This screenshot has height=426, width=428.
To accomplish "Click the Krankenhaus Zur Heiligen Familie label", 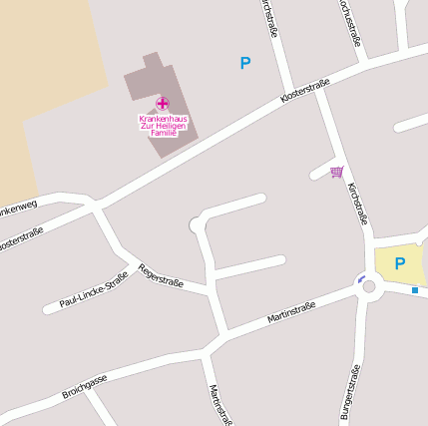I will coord(163,126).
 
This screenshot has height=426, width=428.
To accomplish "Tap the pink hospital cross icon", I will coord(163,104).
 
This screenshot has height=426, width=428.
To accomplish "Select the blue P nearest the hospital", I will coord(245,63).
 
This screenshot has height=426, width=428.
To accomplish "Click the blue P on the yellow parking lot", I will coord(400,263).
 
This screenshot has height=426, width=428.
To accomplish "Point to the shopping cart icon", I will coord(337,172).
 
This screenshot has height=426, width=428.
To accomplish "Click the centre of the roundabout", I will coord(369,287).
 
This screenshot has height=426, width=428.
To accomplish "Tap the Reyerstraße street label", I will coord(161,275).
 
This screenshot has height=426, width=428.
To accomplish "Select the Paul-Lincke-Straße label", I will coord(93,288).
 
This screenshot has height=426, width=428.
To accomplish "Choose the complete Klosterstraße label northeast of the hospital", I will coord(304,94).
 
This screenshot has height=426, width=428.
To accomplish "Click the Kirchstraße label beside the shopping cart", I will coord(358,202).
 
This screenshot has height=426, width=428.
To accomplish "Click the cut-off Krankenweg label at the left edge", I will coord(17,209).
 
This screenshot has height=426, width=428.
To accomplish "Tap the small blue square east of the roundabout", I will coord(415,290).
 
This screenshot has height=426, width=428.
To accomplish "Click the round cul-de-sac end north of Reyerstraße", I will coord(197,225).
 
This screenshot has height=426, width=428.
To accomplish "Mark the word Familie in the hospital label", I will coord(163,133).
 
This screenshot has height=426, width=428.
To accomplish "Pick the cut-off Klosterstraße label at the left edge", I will coord(20,240).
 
